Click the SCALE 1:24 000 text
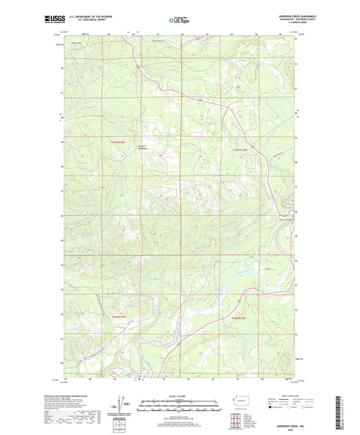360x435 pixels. (x=180, y=395)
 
